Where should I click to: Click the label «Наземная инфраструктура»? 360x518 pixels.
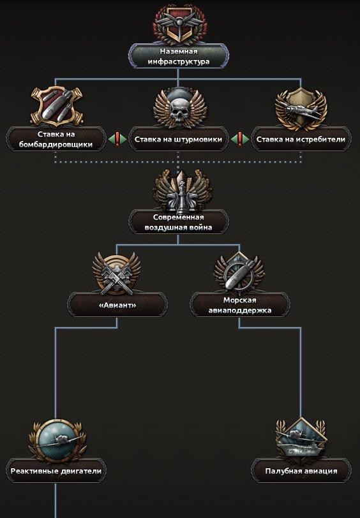(179, 56)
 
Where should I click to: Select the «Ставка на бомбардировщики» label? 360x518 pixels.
(56, 140)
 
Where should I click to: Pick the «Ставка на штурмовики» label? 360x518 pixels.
(178, 140)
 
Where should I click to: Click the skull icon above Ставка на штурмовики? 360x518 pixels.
(179, 107)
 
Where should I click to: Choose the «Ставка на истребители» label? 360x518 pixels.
(301, 140)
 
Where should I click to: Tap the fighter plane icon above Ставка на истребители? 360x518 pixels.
(301, 108)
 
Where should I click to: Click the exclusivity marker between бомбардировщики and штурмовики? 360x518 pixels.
(117, 139)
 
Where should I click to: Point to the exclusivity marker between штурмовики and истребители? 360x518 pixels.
(239, 139)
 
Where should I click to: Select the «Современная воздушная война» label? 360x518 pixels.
(179, 223)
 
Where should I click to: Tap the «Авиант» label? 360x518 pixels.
(117, 305)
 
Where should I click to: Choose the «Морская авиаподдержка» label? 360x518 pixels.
(239, 305)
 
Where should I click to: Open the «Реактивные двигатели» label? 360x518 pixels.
(56, 471)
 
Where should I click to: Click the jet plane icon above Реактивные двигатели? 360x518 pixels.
(56, 440)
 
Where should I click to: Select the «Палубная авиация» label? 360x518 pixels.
(301, 471)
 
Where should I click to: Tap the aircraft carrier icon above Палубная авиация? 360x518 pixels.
(301, 438)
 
